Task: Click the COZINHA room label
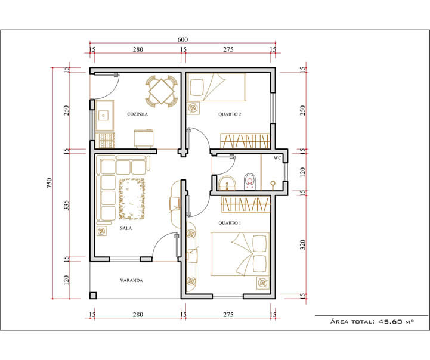(x=137, y=114)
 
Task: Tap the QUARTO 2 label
(x=230, y=114)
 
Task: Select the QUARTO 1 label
(x=230, y=223)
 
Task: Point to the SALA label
(x=126, y=228)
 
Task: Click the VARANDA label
(x=131, y=280)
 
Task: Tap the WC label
(x=277, y=158)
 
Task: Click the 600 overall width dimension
(x=182, y=39)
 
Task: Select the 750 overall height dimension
(x=49, y=183)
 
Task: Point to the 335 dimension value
(x=66, y=205)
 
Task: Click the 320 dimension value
(x=302, y=244)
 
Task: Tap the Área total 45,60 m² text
(x=372, y=321)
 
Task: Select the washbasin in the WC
(x=227, y=183)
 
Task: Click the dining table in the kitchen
(x=162, y=91)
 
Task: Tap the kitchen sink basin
(x=103, y=116)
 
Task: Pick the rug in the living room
(x=132, y=198)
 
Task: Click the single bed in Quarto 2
(x=216, y=87)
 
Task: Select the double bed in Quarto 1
(x=240, y=254)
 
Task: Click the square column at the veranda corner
(x=93, y=296)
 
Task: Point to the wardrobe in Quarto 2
(x=246, y=141)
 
